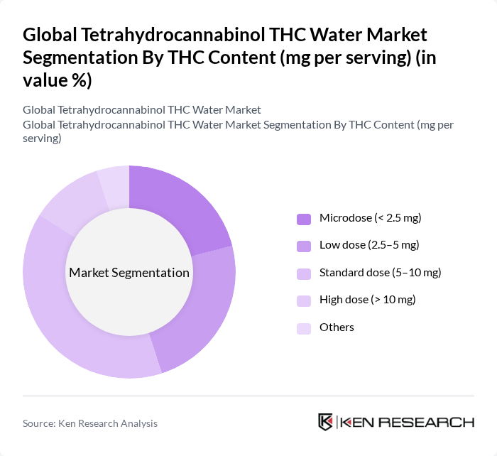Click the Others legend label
point(337,327)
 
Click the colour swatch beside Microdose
point(303,219)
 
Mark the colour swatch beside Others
point(303,327)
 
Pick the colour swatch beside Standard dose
point(303,273)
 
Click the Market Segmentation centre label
point(129,273)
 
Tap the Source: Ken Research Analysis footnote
point(90,423)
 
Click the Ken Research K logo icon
point(325,422)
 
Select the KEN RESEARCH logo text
point(408,422)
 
